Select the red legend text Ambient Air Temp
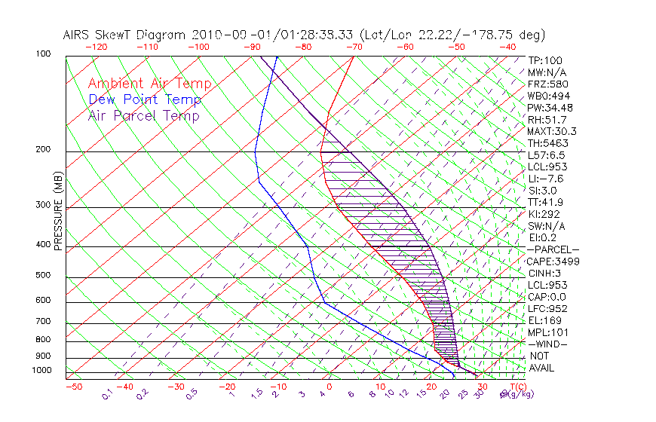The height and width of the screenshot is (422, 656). [149, 84]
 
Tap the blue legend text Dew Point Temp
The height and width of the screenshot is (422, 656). [144, 100]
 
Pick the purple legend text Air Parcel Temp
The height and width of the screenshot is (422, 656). [143, 116]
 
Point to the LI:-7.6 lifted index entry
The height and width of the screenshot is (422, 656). [545, 179]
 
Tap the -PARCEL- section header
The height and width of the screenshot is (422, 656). [553, 249]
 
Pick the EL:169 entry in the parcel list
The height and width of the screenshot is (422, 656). [544, 320]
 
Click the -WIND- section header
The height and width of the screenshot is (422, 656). [548, 344]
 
